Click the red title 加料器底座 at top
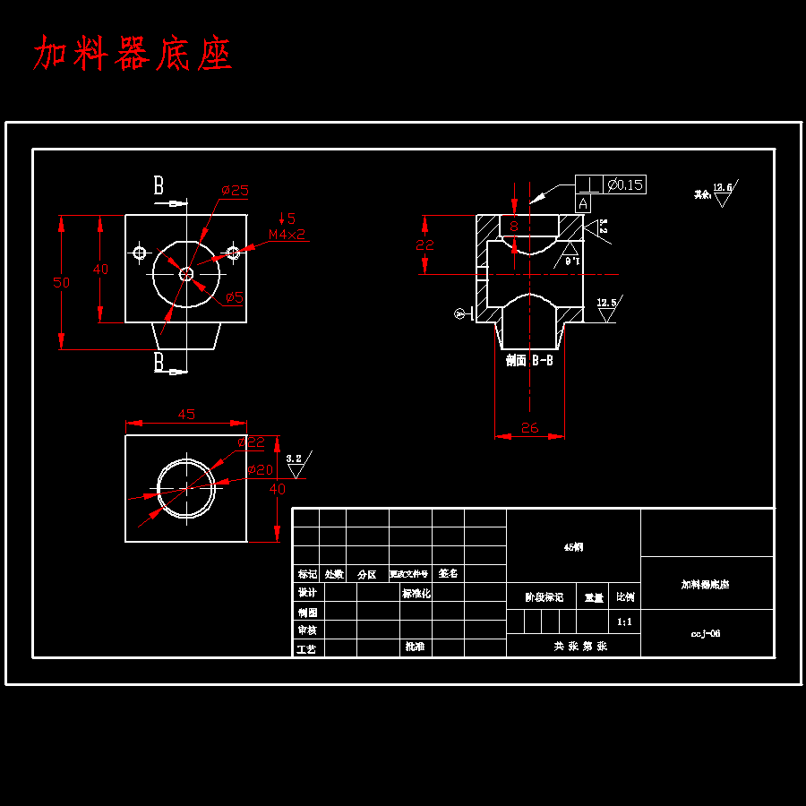point(133,55)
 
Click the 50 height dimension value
point(61,282)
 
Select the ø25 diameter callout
point(235,190)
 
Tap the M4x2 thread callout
point(287,235)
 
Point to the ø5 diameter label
point(234,297)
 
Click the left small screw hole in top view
point(140,253)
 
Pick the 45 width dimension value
point(186,415)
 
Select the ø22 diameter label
point(252,442)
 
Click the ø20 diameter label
point(260,469)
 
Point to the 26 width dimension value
point(529,428)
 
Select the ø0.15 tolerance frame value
point(624,185)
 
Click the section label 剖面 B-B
point(529,361)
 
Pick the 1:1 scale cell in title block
point(625,622)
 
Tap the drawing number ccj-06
point(706,633)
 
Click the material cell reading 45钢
point(573,546)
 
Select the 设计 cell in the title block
point(308,593)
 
